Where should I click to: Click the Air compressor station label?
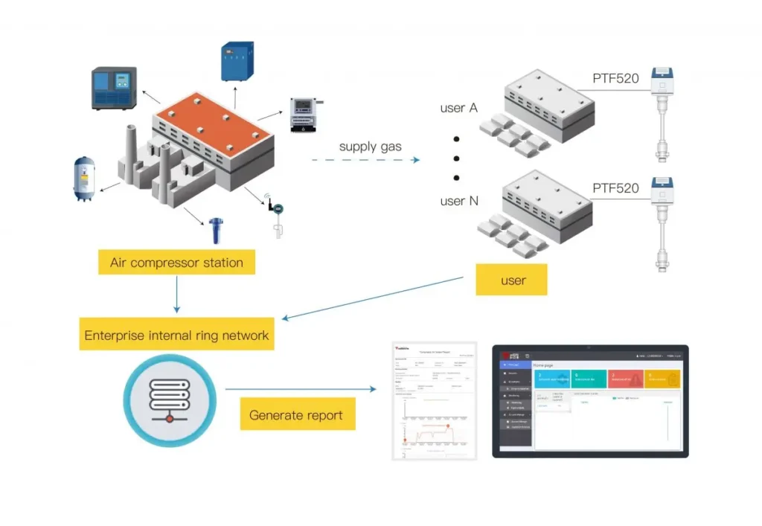tap(176, 262)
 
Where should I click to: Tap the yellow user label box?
tap(513, 280)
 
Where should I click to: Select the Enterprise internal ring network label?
tap(176, 336)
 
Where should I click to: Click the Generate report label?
tap(297, 415)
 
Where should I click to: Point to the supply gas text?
tap(370, 146)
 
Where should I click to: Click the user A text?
tap(458, 108)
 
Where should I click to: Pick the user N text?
tap(459, 201)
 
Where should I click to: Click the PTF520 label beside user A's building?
tap(615, 78)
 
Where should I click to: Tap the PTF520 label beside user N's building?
tap(615, 188)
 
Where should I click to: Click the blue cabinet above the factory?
tap(238, 62)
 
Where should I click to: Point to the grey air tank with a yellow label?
tap(84, 178)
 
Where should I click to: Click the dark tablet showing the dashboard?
tap(590, 400)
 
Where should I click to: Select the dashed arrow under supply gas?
tap(365, 160)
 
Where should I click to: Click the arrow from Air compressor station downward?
tap(176, 295)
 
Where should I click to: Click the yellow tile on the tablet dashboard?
tap(663, 379)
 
